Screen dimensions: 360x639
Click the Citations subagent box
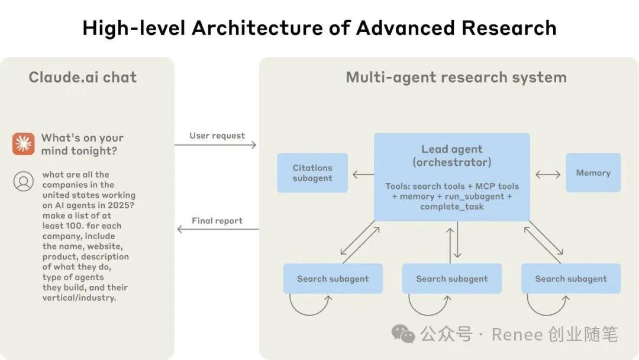[x=312, y=173]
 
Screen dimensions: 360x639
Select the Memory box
[x=593, y=173]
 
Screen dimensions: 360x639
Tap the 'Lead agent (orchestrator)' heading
[x=452, y=156]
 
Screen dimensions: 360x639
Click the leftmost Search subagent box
[x=333, y=278]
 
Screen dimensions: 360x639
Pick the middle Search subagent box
[x=452, y=278]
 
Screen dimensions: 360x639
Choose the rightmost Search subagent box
[x=571, y=278]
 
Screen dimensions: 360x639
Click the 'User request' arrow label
[x=217, y=136]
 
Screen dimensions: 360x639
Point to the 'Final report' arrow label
[x=217, y=221]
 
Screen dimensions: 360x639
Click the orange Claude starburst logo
[x=24, y=144]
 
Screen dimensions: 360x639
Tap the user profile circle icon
[x=24, y=181]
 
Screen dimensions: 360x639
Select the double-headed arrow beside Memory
[x=548, y=174]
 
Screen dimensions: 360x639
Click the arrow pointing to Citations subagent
[x=363, y=174]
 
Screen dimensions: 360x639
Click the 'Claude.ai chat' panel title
[x=83, y=77]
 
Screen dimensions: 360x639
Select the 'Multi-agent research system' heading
[x=456, y=77]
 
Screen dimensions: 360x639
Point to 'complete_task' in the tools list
[x=452, y=207]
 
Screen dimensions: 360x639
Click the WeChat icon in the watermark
[x=404, y=335]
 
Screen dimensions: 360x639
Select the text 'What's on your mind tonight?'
[x=82, y=144]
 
